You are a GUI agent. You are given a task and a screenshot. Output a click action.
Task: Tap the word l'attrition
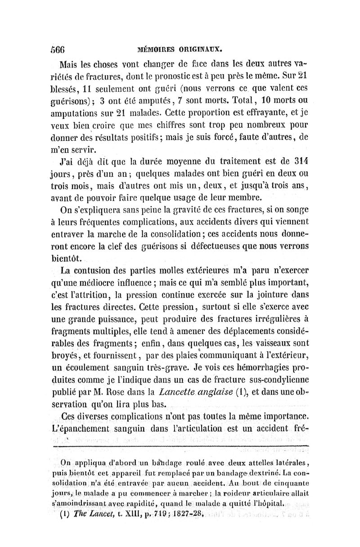point(99,295)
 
